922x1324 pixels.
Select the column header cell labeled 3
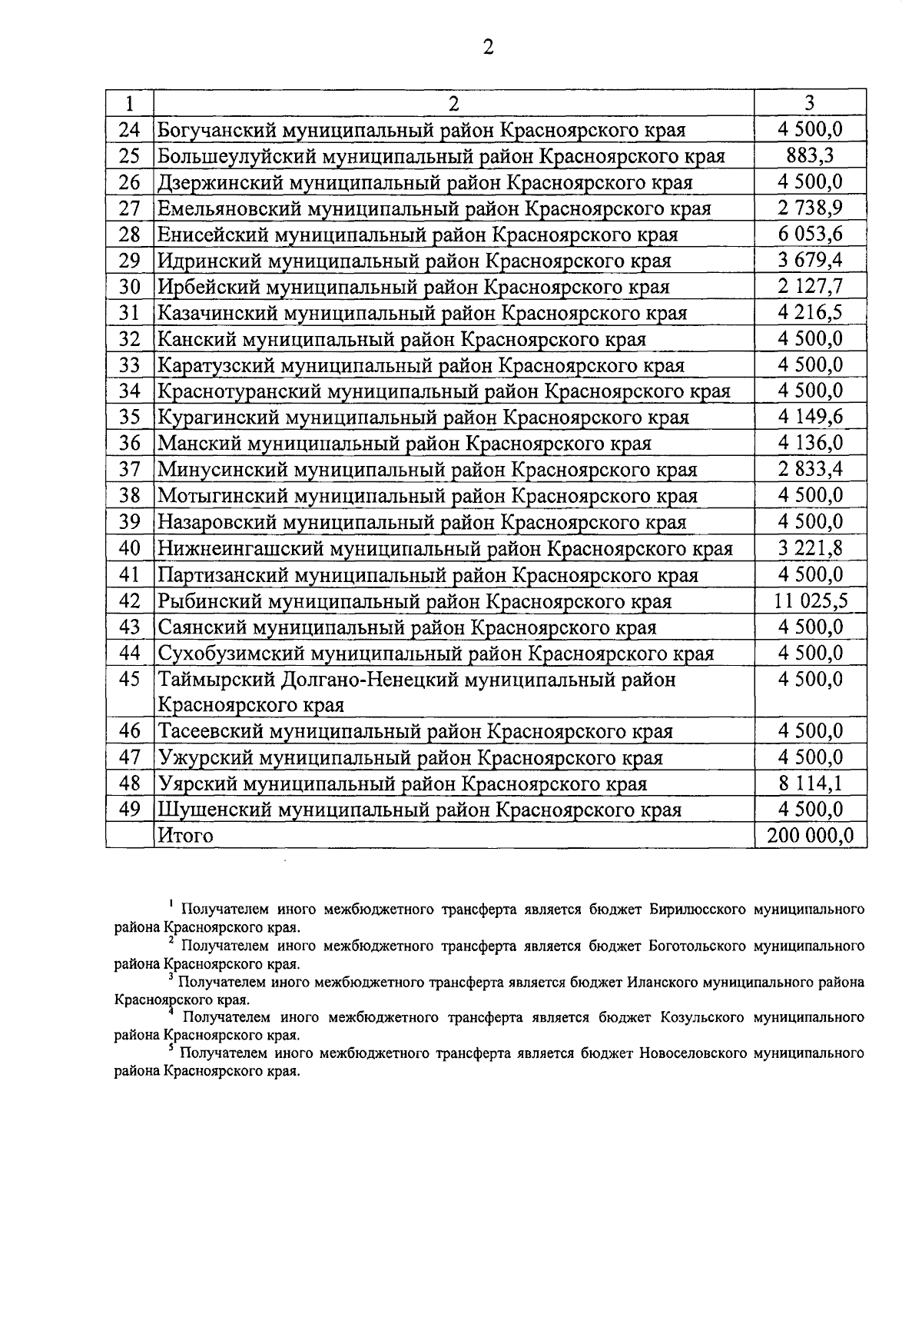pyautogui.click(x=810, y=103)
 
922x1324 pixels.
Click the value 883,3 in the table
pyautogui.click(x=810, y=156)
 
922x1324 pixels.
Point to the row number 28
pyautogui.click(x=130, y=235)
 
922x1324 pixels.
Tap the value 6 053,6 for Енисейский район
pyautogui.click(x=810, y=235)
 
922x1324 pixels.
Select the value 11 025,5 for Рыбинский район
pyautogui.click(x=810, y=601)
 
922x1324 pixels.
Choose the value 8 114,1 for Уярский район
pyautogui.click(x=810, y=783)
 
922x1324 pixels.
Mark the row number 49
pyautogui.click(x=130, y=810)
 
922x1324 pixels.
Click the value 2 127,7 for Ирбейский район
pyautogui.click(x=810, y=287)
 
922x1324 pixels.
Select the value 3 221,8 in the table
pyautogui.click(x=810, y=549)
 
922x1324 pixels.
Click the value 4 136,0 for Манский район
pyautogui.click(x=810, y=444)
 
